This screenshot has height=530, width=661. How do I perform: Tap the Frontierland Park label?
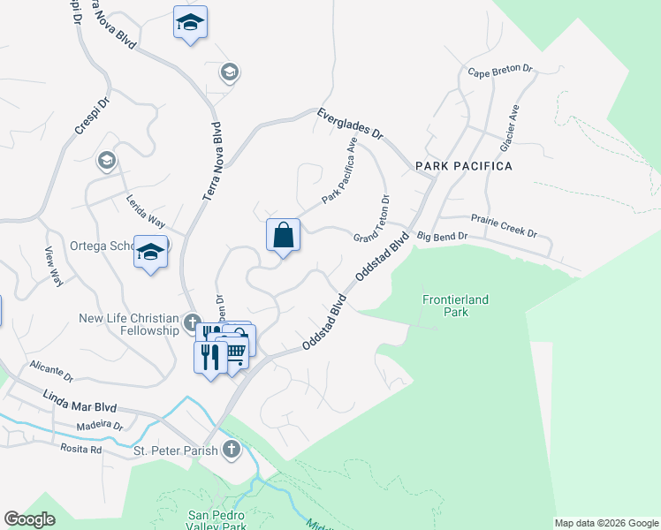(454, 306)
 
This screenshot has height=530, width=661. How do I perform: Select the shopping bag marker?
(283, 236)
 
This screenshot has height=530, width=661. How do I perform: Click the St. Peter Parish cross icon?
(232, 449)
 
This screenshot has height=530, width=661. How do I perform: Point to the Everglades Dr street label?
(351, 123)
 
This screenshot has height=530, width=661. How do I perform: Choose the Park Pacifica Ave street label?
(339, 171)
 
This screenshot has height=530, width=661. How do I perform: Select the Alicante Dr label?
(51, 367)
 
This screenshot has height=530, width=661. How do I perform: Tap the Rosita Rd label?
(82, 449)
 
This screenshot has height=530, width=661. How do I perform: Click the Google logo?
(29, 519)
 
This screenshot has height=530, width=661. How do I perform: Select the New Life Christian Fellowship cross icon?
(193, 321)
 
